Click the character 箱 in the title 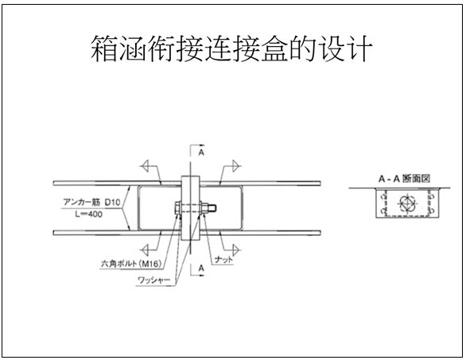104,48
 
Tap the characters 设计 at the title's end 346,48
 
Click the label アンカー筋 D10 91,203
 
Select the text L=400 88,214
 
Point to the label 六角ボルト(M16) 131,264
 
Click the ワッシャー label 153,280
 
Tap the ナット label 223,260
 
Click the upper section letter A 201,153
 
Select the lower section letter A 201,268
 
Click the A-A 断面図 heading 404,179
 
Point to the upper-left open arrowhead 145,166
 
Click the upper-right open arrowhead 236,166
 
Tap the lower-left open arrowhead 145,250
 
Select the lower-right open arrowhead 236,250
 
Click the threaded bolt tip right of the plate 212,207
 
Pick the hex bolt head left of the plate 177,207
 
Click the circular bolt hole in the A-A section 406,203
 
